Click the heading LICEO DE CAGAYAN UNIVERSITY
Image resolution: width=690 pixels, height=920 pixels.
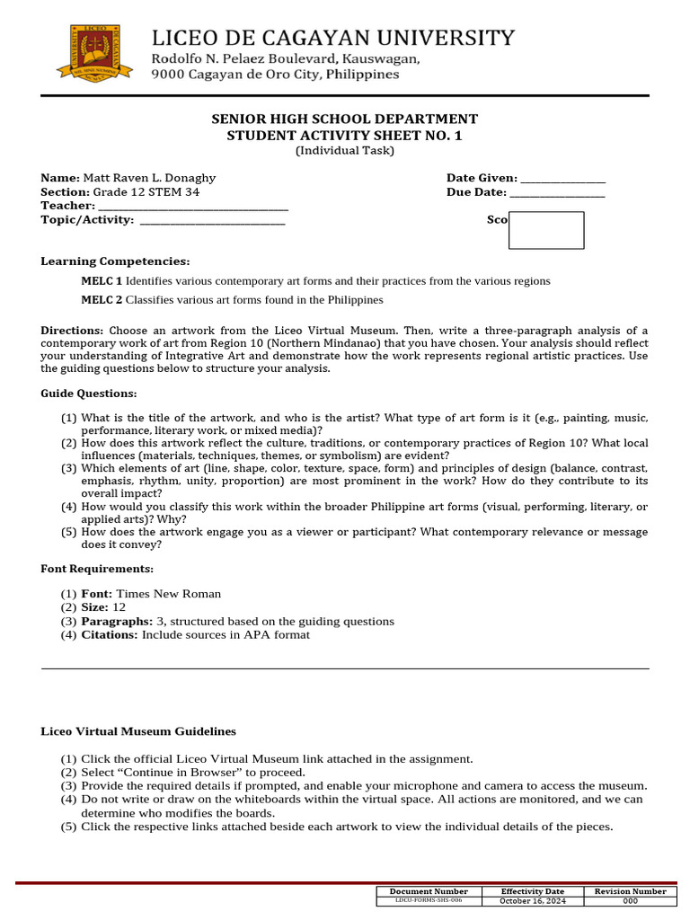tap(332, 38)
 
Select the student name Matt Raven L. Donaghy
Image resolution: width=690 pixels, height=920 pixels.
tap(150, 178)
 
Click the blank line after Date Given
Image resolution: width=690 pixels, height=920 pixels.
tap(562, 179)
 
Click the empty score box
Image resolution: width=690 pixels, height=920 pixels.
tap(546, 230)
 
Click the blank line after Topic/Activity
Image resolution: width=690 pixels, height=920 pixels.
tap(212, 220)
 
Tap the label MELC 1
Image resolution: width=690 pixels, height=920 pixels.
tap(102, 281)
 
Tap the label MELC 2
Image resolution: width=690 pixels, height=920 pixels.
tap(102, 300)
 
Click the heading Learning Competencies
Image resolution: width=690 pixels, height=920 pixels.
tap(115, 261)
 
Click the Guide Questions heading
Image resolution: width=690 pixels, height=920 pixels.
tap(89, 394)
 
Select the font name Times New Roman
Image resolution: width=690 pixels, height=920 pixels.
tap(169, 594)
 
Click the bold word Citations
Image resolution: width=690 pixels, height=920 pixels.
tap(110, 634)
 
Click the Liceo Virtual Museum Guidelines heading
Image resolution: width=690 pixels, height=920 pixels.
tap(138, 731)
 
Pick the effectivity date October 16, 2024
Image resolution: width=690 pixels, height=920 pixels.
tap(533, 900)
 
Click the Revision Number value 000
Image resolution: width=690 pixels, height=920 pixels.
tap(630, 900)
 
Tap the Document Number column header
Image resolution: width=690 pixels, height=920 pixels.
tap(429, 891)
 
